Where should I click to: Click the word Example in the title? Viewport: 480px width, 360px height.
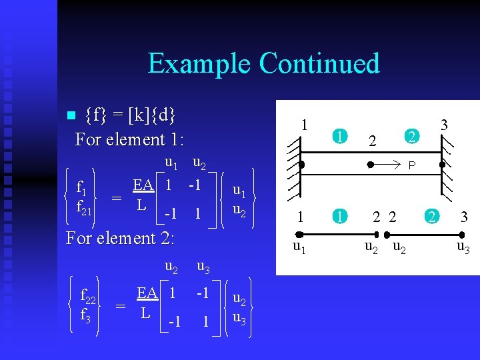coord(199,63)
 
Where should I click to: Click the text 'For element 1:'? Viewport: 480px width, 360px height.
coord(129,139)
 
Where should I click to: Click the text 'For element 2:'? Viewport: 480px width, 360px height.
coord(120,237)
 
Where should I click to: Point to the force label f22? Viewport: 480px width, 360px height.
coord(88,295)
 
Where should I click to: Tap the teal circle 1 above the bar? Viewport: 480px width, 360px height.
coord(339,137)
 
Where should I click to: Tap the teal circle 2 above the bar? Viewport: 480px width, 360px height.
coord(413,137)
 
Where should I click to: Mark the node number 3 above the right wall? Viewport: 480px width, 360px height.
coord(444,125)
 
